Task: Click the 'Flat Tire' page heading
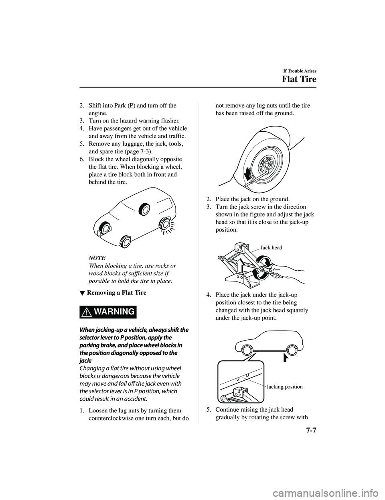(298, 79)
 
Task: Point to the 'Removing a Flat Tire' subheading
(117, 293)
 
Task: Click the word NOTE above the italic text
(97, 257)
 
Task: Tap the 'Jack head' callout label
(271, 248)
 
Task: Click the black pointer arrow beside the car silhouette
(286, 357)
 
